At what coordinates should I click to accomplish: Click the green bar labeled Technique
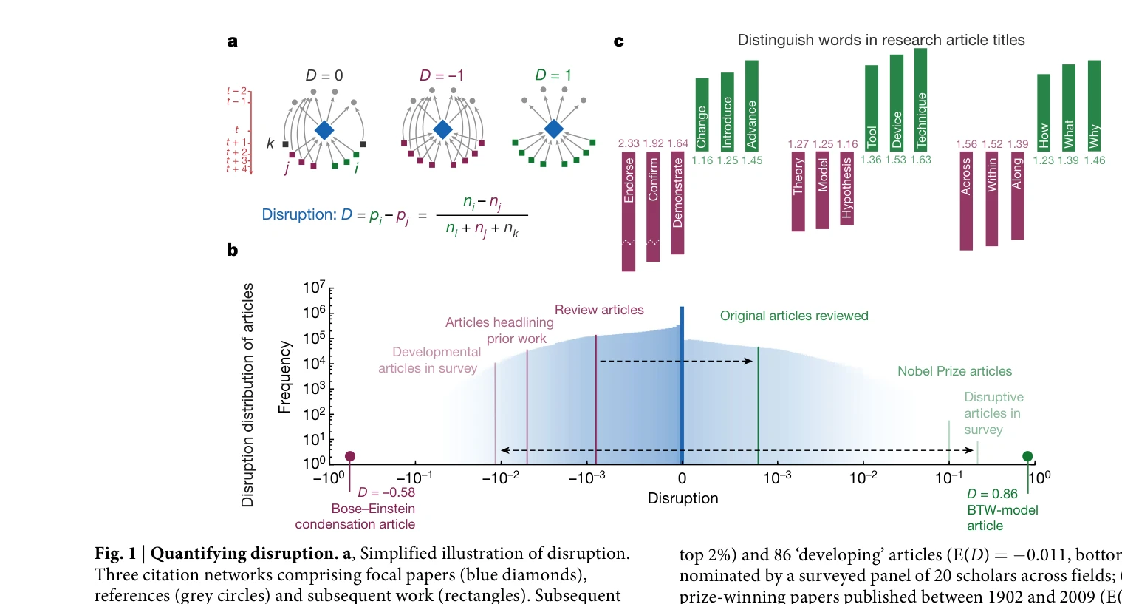(920, 99)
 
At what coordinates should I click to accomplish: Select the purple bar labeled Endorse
(629, 211)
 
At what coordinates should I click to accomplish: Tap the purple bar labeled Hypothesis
(846, 189)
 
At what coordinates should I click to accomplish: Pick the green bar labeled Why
(1094, 105)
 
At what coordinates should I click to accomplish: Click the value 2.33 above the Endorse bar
(629, 143)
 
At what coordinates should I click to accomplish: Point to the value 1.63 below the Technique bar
(920, 160)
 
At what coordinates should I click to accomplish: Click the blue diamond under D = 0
(324, 130)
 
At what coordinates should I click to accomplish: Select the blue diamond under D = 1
(553, 129)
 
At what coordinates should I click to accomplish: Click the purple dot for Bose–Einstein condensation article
(350, 456)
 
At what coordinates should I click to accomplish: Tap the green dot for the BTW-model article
(1027, 456)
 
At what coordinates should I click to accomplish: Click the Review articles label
(599, 310)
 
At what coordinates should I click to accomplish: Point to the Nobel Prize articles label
(954, 371)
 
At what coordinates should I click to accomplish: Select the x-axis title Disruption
(683, 498)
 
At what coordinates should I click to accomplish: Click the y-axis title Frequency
(284, 377)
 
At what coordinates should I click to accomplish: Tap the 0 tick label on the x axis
(682, 478)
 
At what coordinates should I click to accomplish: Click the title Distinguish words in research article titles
(881, 40)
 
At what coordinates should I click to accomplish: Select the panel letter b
(233, 250)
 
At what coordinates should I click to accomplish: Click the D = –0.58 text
(386, 492)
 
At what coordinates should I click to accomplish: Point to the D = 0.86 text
(992, 494)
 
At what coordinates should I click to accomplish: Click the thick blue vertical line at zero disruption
(682, 384)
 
